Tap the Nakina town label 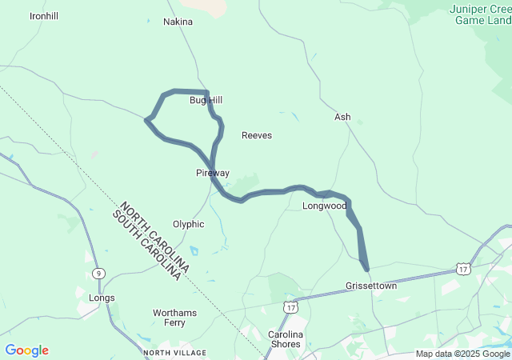(178, 22)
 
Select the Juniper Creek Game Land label (480, 14)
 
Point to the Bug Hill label (206, 100)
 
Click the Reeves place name (257, 135)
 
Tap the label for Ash (342, 117)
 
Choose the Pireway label (213, 173)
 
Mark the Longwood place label (324, 206)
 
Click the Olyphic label (189, 224)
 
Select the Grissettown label (371, 286)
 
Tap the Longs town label (102, 298)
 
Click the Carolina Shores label (285, 339)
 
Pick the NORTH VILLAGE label (174, 353)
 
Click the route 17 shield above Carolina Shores (290, 306)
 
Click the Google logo (26, 350)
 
